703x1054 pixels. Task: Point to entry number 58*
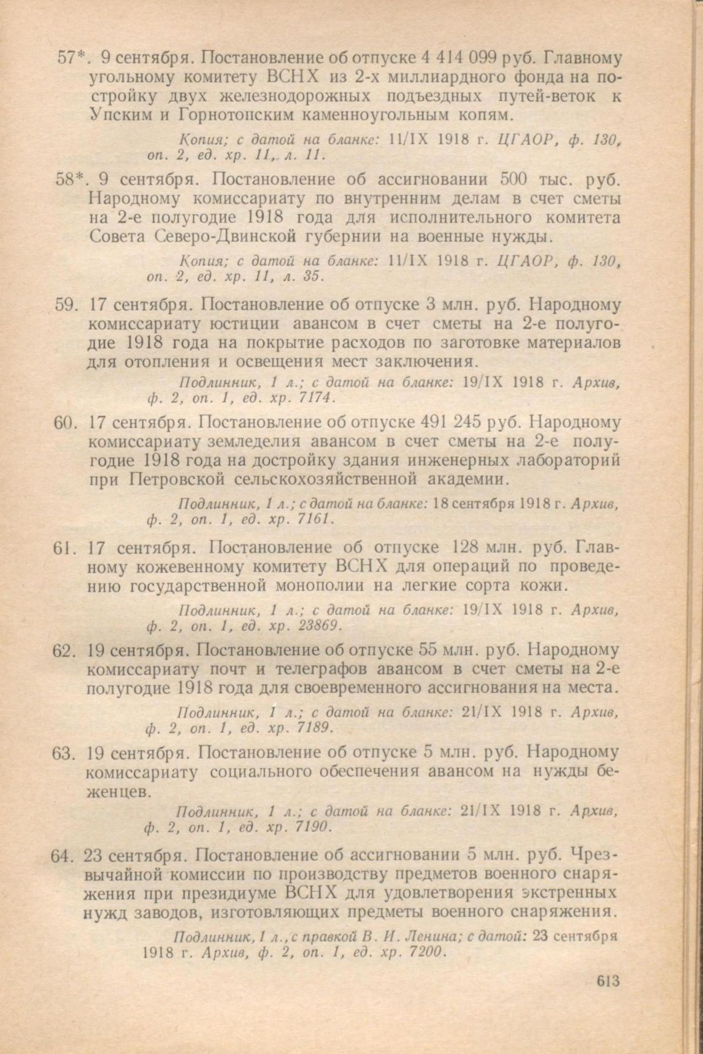[72, 180]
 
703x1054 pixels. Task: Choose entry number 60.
[64, 422]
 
